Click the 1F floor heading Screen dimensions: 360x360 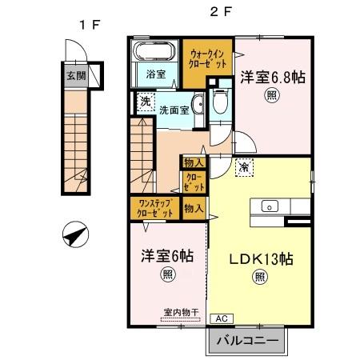coord(89,24)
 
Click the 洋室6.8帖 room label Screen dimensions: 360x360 coord(272,77)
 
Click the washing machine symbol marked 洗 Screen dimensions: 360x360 coord(145,102)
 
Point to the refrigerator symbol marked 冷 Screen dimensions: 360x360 coord(243,168)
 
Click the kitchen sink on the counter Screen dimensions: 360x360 coord(270,206)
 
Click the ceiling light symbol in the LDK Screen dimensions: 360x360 coord(260,278)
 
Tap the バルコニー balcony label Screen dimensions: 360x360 coord(247,339)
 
